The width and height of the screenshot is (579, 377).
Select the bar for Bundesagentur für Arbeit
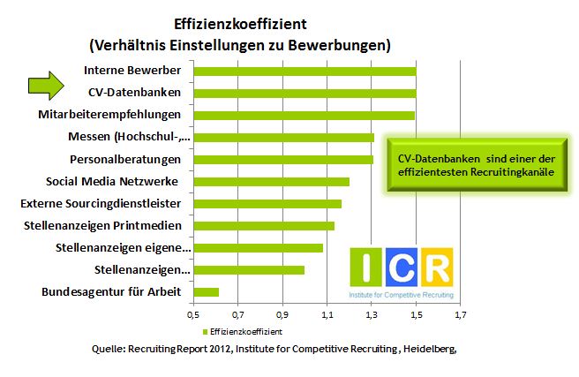coord(205,292)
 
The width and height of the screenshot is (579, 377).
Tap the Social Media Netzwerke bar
coord(270,182)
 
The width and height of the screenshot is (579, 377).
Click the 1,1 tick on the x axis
coord(327,314)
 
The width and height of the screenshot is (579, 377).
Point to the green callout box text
coord(470,166)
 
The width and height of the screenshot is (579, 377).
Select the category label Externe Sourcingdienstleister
coord(112,204)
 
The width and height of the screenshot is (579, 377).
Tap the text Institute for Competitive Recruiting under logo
coord(402,293)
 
